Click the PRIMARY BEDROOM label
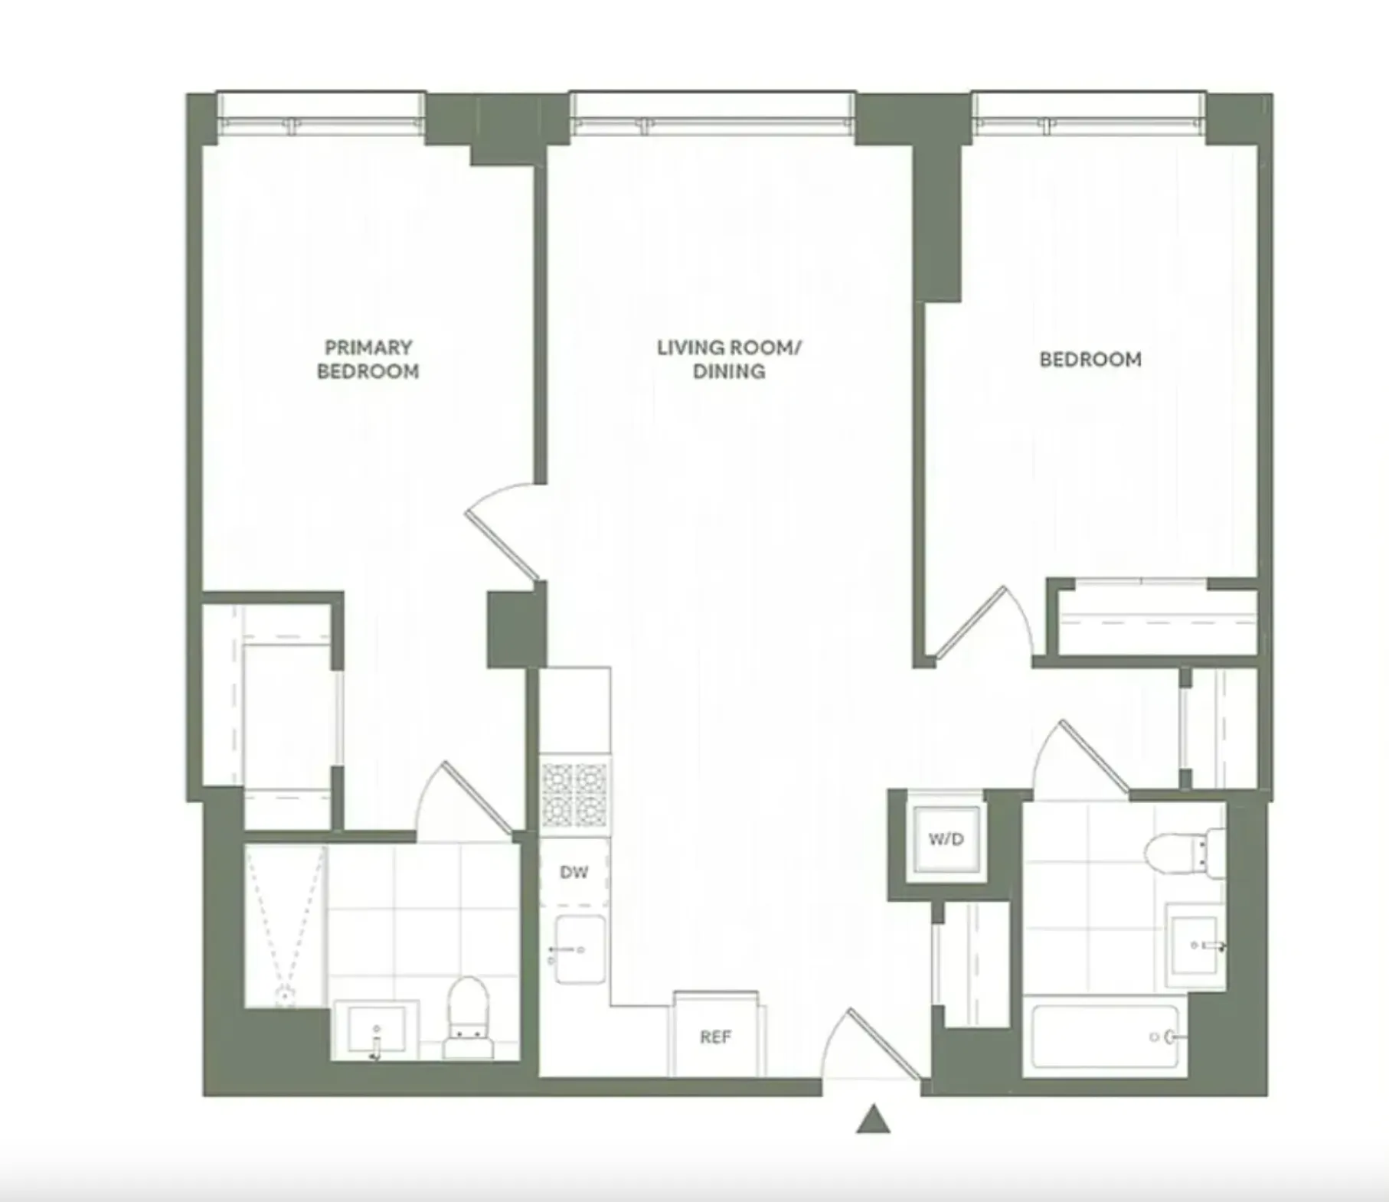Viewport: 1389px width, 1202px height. (368, 359)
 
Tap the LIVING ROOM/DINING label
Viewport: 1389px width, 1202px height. (728, 359)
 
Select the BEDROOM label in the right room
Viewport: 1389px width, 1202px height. (1090, 359)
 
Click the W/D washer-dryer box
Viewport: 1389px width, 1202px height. (946, 839)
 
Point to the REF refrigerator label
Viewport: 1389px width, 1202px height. (715, 1037)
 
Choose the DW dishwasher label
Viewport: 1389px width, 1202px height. (574, 872)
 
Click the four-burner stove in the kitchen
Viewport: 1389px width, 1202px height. (575, 795)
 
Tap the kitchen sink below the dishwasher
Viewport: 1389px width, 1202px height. (580, 949)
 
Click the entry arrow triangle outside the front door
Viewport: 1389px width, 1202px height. (873, 1120)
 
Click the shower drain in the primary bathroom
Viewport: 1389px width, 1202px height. (285, 996)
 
